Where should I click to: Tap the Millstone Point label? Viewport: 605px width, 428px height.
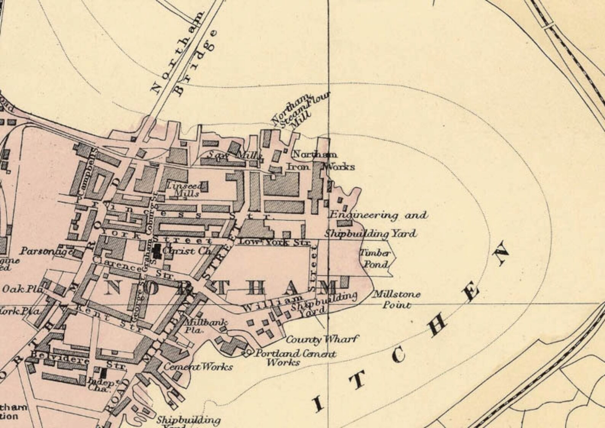tap(396, 299)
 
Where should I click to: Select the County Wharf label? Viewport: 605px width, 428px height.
tap(322, 339)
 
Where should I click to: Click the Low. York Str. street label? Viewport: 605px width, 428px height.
tap(274, 242)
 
